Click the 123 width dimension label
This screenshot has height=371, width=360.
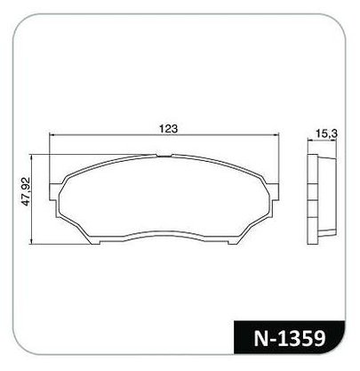(x=168, y=129)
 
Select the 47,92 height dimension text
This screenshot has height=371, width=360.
(x=26, y=191)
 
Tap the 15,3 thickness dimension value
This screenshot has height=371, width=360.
(x=326, y=134)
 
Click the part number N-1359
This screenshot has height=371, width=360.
(x=290, y=338)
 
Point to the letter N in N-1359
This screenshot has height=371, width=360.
(x=260, y=338)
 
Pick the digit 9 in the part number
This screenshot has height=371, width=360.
(x=319, y=338)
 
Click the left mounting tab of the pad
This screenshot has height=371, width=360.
(x=52, y=191)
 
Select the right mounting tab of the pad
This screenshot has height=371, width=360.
(x=275, y=191)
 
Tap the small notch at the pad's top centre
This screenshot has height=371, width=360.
(x=164, y=155)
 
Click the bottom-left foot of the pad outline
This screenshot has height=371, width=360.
(x=95, y=242)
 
